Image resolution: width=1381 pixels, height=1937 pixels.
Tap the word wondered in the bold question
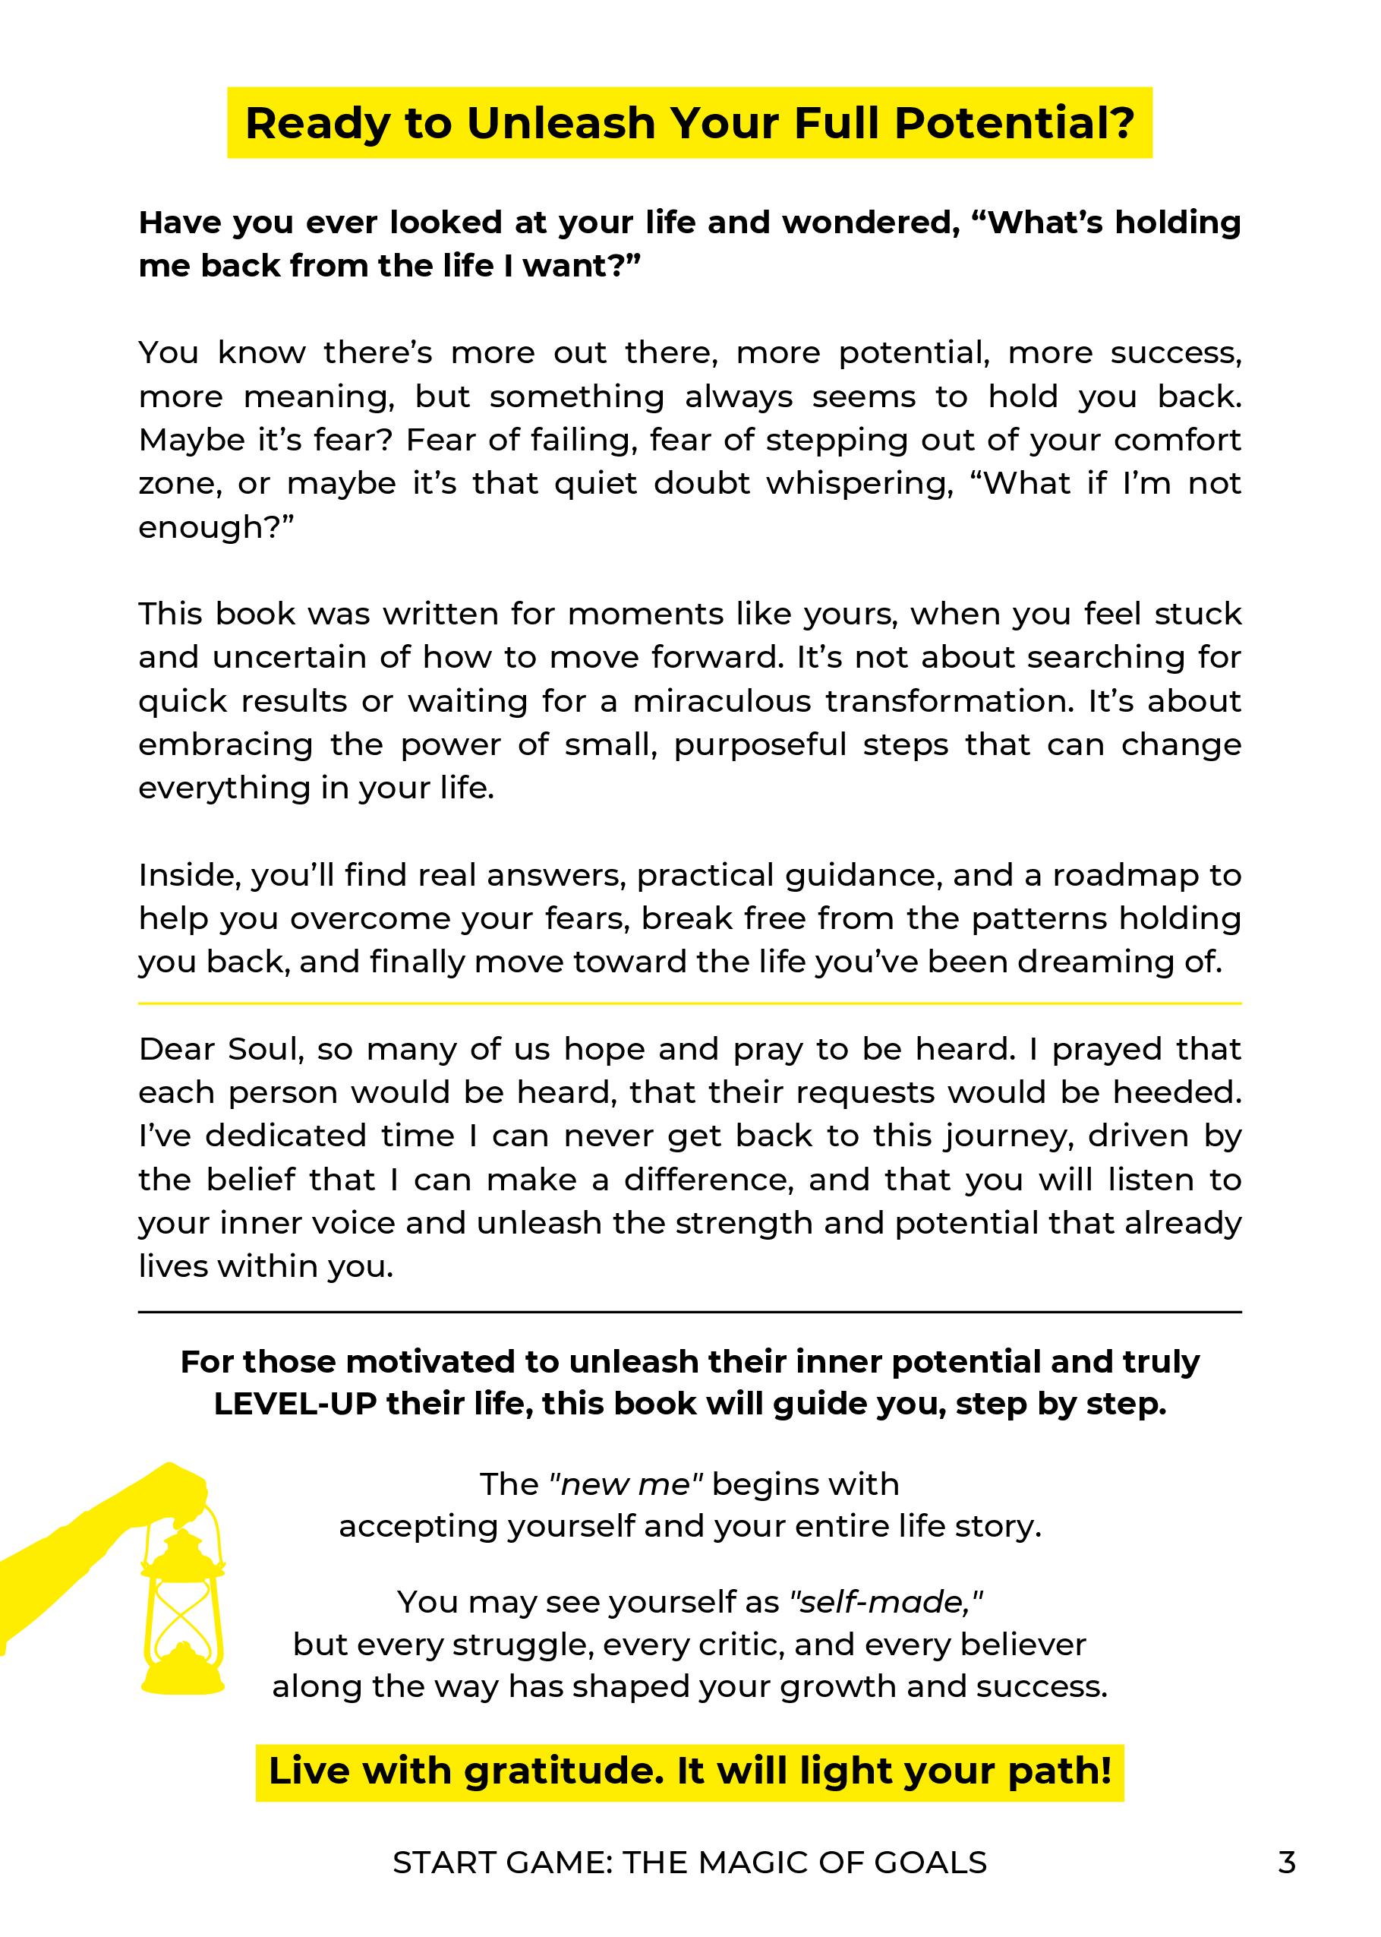coord(865,223)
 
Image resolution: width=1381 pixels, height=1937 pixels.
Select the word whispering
coord(859,484)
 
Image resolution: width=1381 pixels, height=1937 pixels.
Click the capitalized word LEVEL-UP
coord(295,1404)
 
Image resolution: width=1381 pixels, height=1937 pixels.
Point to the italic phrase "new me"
coord(626,1484)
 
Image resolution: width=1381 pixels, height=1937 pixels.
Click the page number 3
coord(1287,1863)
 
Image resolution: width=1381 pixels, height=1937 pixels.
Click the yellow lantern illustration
coord(182,1608)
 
